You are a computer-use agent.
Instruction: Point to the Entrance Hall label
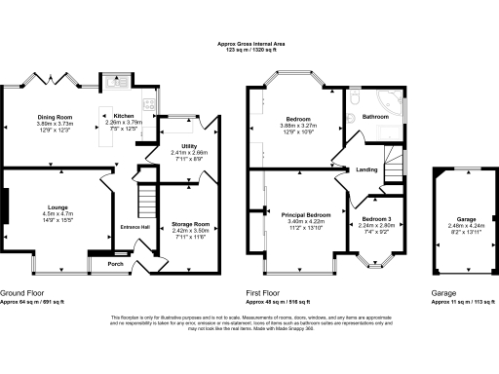(x=134, y=227)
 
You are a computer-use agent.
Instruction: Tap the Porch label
(x=115, y=263)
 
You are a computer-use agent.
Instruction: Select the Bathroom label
(x=375, y=117)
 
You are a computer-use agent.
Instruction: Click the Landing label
(x=366, y=170)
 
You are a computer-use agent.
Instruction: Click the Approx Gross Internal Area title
(x=249, y=45)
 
